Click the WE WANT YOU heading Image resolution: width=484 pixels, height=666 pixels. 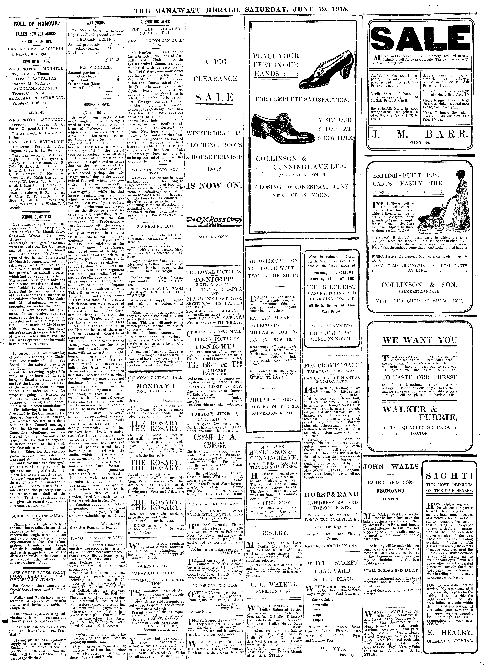coord(420,341)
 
